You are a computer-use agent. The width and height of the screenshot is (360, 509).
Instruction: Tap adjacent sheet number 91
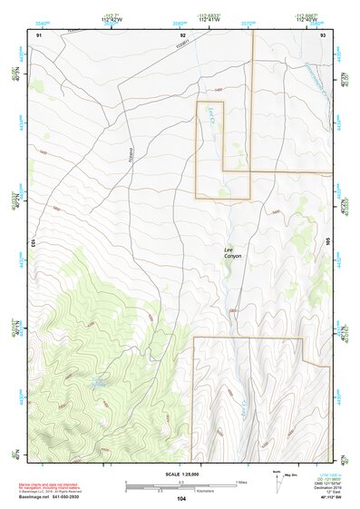tap(39, 34)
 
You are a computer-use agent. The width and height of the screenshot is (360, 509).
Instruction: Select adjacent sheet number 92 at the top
tap(182, 34)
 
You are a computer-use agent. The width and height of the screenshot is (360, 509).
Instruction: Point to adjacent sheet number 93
tap(324, 34)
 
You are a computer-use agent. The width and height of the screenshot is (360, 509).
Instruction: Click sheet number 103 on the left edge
tap(33, 243)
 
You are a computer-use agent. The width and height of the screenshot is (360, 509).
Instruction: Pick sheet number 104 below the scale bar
tap(181, 499)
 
